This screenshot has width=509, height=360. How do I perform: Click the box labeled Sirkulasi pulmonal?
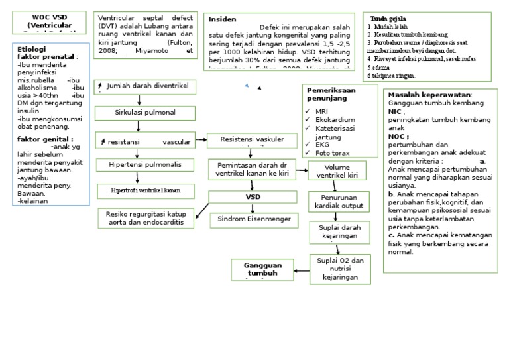click(140, 113)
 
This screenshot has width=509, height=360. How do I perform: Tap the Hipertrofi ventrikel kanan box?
click(145, 191)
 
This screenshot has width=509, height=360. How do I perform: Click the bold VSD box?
click(253, 197)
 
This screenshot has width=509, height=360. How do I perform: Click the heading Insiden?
click(222, 19)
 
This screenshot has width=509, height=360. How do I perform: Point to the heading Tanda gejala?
click(389, 18)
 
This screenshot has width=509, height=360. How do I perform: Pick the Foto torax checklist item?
click(332, 152)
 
